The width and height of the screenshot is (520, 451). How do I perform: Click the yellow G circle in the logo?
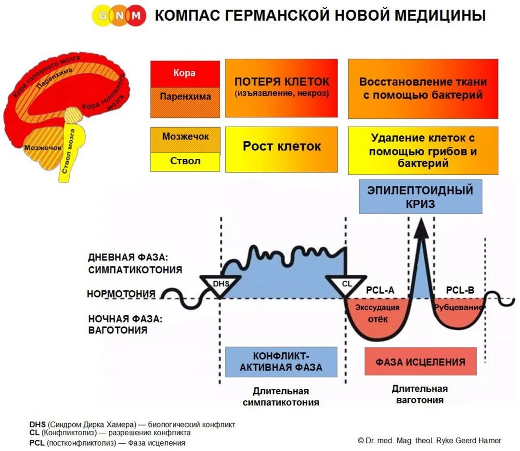coord(102,16)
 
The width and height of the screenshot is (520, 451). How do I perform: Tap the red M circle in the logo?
coord(136,16)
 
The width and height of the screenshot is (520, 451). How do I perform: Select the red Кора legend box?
coord(185,74)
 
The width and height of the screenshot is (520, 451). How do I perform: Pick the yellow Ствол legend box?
coord(185,162)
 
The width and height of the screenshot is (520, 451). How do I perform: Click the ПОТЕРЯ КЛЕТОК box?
coord(281,88)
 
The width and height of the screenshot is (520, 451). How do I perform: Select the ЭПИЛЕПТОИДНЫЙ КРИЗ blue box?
coord(420,196)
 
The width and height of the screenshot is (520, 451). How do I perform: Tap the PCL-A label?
coord(380,290)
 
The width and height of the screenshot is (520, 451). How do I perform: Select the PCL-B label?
coord(460,290)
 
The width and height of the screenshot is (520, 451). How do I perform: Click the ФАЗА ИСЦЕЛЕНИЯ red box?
coord(420,361)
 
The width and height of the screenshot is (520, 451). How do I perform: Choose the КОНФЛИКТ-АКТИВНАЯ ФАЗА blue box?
coord(281,362)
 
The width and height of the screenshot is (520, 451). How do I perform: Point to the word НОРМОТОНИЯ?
coord(121,294)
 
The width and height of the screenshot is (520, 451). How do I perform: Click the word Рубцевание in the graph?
coord(459,307)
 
